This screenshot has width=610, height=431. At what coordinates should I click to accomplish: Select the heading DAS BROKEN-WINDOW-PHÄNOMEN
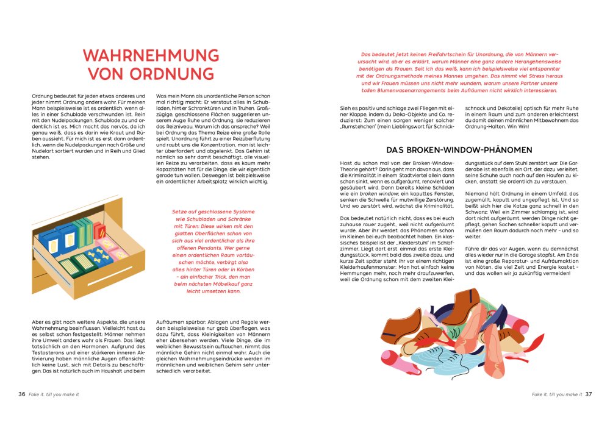pos(459,150)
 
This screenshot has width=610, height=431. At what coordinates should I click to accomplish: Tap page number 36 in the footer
pos(21,394)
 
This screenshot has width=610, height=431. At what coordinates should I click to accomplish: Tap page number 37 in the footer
pos(589,394)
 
